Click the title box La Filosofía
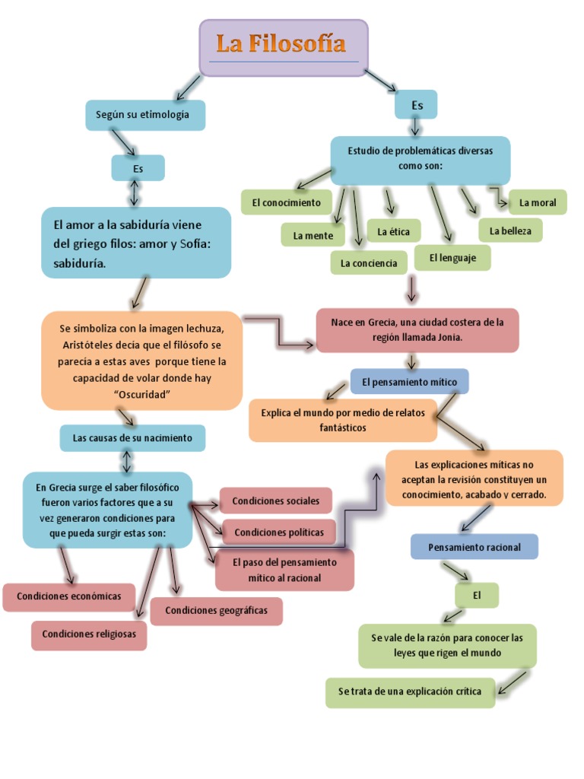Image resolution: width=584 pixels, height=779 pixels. pos(284,47)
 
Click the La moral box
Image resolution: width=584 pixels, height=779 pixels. pos(538,202)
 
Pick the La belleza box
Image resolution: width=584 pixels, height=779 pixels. pos(510,230)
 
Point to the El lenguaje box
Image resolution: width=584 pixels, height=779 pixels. pos(452,258)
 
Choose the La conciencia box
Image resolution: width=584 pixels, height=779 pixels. pos(369,262)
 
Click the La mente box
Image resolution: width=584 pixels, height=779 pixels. pos(313,235)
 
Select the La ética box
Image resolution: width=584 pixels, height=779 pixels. pos(389,230)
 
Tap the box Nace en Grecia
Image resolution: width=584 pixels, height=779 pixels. pos(417,329)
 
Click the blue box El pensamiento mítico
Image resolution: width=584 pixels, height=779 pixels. pos(409,381)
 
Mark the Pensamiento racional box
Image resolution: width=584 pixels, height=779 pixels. pos(474,547)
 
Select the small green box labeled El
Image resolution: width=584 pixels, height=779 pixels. pos(477,596)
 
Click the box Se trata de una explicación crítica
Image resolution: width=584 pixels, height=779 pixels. pos(410,692)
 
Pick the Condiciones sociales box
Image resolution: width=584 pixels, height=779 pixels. pos(275,501)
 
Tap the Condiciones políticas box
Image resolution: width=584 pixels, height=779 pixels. pos(278,532)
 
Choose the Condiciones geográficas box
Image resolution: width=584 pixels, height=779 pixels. pos(216,610)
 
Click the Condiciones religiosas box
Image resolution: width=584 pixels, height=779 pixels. pos(89,634)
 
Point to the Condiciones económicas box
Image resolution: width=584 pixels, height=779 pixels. pos(69,596)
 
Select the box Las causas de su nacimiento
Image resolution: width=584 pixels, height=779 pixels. pos(132,438)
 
